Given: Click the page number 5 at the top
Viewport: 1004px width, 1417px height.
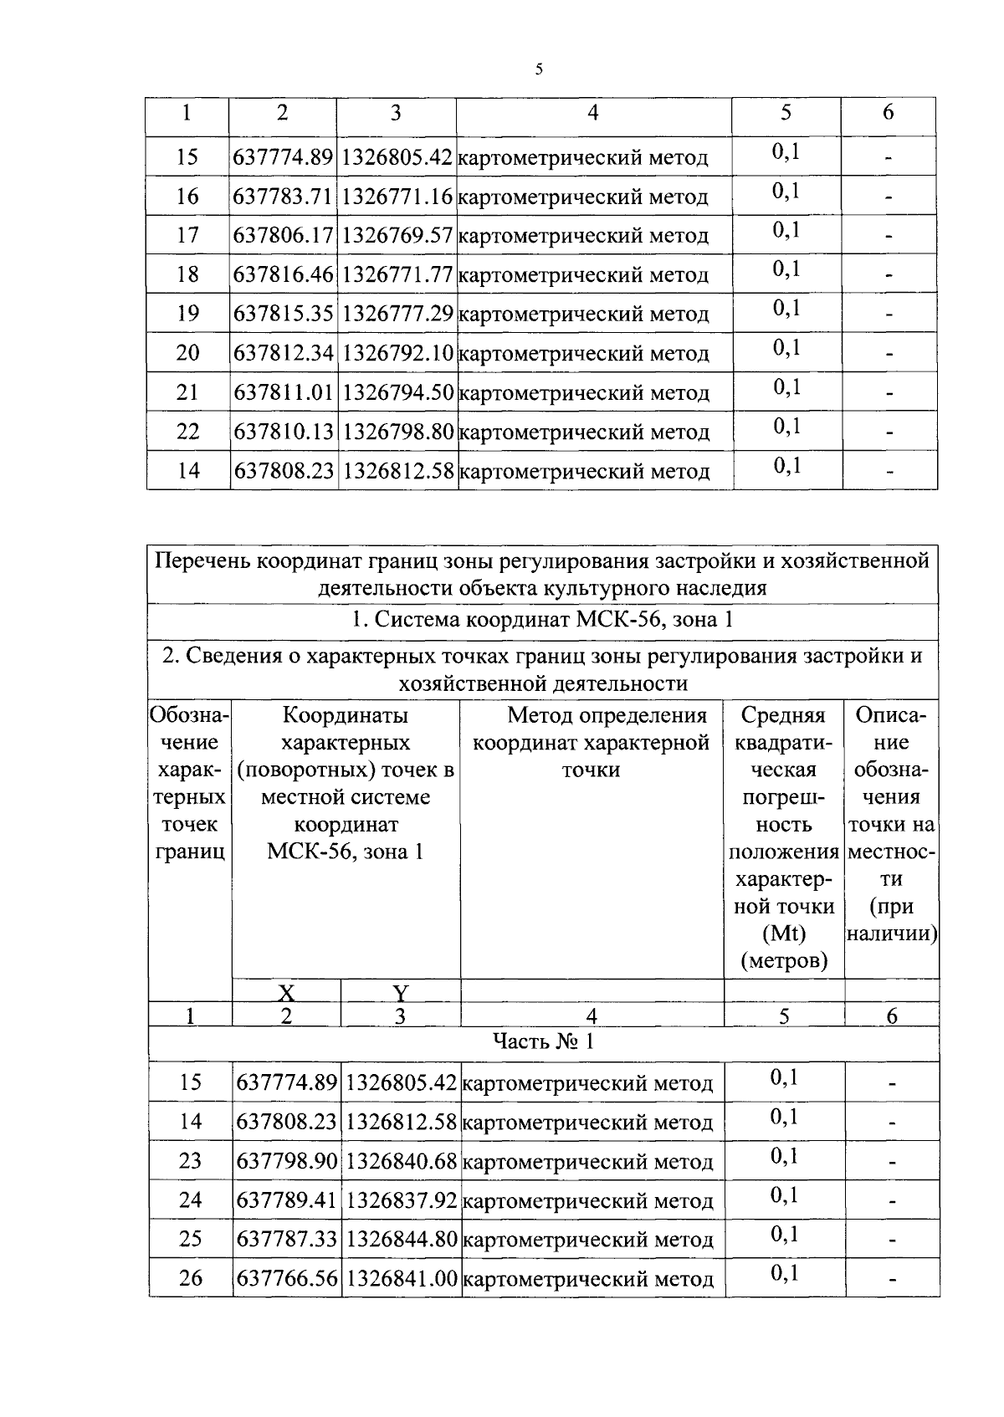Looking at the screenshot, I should click(540, 70).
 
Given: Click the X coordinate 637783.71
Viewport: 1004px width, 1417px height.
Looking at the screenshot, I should click(284, 197).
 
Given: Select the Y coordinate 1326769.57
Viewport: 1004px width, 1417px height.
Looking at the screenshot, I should click(397, 236).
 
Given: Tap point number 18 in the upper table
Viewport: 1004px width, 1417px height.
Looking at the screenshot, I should click(188, 275).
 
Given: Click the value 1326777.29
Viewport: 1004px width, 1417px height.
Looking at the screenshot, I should click(397, 315).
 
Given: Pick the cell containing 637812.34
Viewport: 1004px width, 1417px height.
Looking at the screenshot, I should click(284, 354).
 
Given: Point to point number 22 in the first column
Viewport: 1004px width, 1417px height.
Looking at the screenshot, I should click(188, 432).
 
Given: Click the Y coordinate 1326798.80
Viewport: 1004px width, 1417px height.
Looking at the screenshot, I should click(397, 432).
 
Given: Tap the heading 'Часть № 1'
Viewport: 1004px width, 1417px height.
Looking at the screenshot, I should click(543, 1041).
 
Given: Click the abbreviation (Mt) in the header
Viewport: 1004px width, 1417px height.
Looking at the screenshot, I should click(784, 934).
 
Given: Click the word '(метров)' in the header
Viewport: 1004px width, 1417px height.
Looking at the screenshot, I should click(784, 962).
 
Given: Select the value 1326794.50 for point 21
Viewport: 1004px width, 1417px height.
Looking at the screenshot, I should click(397, 393).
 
